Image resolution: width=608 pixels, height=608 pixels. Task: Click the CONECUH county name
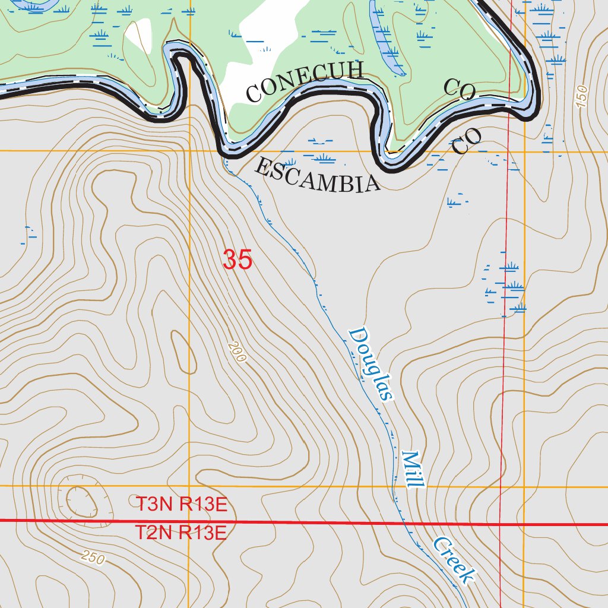point(304,82)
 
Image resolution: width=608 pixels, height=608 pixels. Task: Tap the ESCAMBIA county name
point(316,176)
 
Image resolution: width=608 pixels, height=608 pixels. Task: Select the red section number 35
point(237,260)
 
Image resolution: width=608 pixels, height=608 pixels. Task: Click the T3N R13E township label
point(181,505)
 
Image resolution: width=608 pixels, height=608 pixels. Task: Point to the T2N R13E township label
point(180,533)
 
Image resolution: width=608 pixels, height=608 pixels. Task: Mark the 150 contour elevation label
point(581,96)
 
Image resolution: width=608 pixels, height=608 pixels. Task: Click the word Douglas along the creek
point(371,365)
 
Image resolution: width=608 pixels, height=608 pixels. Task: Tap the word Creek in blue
point(454,560)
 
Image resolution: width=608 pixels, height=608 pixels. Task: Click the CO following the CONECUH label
point(460,90)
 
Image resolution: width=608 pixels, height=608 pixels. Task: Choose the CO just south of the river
point(466,141)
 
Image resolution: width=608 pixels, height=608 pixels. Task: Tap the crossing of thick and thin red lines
point(500,524)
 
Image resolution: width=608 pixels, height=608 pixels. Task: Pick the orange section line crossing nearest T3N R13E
point(190,486)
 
